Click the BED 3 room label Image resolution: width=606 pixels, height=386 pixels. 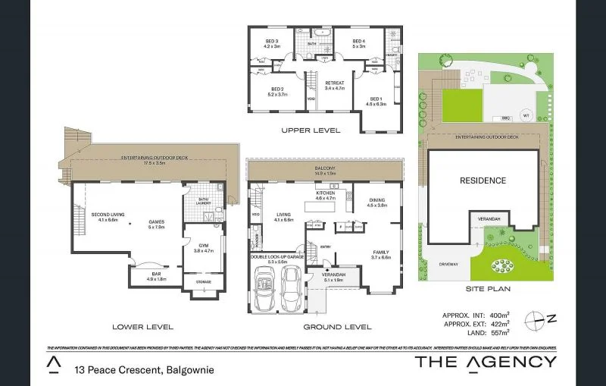(x=272, y=40)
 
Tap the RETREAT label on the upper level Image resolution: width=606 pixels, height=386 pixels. (x=334, y=83)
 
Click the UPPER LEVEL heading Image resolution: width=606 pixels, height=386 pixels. (x=311, y=130)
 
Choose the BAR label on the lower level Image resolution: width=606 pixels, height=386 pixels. (x=155, y=274)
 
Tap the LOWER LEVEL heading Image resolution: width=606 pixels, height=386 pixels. (x=142, y=327)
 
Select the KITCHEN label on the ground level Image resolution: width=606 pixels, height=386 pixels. (x=325, y=193)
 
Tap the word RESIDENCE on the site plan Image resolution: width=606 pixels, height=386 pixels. (x=483, y=180)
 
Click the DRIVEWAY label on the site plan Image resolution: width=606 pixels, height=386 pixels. (x=448, y=264)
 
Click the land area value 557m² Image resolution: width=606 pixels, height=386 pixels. (x=498, y=331)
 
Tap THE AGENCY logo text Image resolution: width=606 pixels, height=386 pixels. (x=486, y=362)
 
